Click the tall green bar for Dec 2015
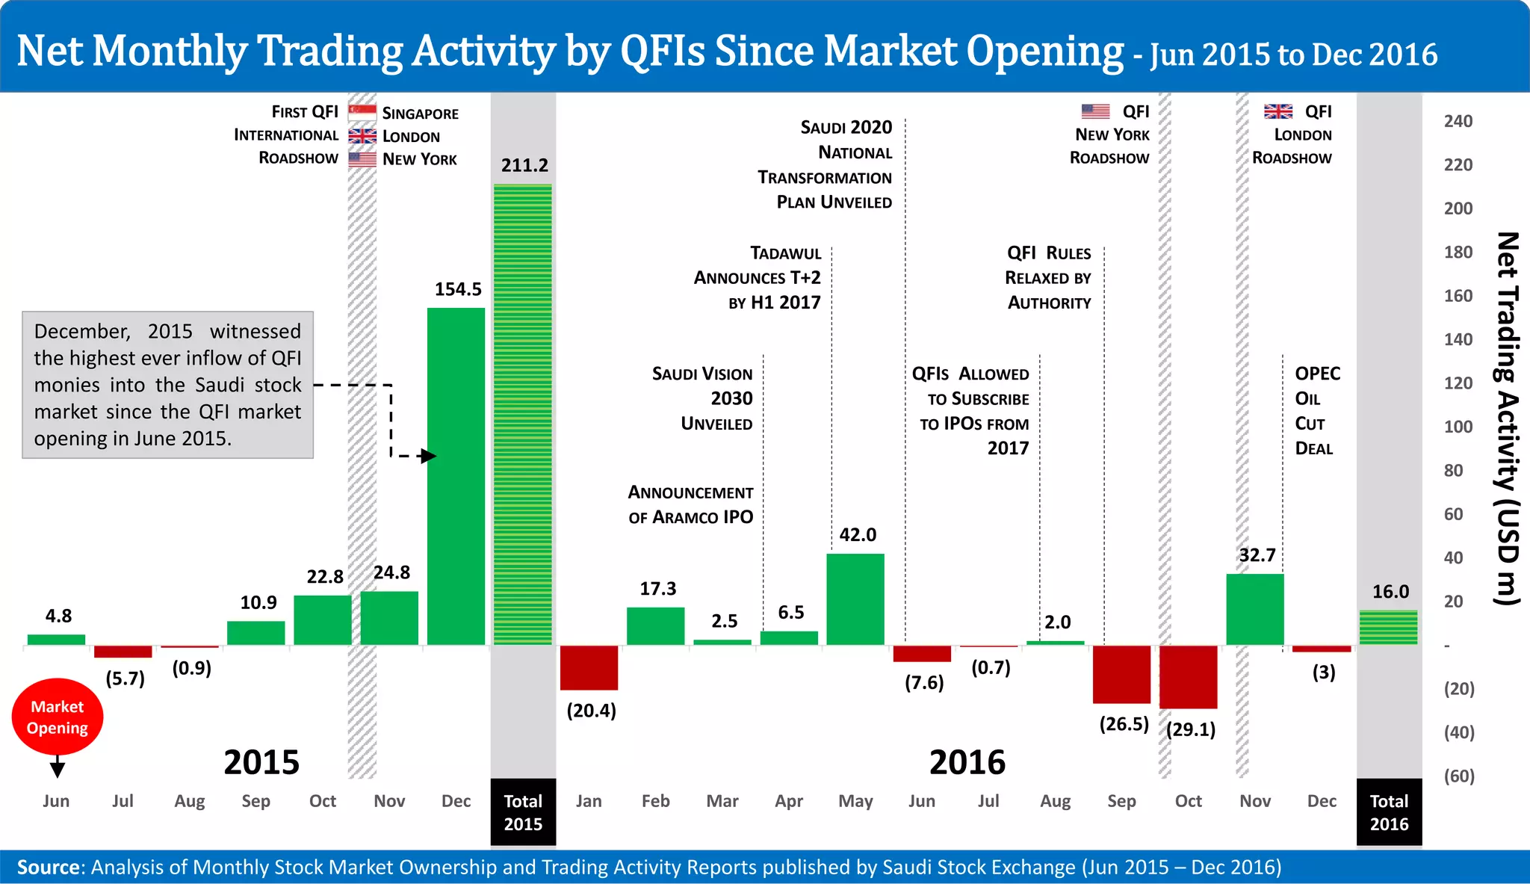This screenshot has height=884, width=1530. click(x=456, y=478)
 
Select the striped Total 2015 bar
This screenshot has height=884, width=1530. click(x=523, y=415)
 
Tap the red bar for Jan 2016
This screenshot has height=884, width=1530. click(x=589, y=667)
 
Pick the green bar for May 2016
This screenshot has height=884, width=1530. click(x=855, y=599)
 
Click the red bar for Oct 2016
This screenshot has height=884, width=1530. click(x=1188, y=677)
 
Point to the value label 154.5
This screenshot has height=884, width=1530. click(x=458, y=289)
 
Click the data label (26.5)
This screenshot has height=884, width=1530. click(x=1124, y=724)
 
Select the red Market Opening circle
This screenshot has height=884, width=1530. click(x=58, y=717)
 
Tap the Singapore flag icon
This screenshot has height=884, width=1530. click(x=362, y=113)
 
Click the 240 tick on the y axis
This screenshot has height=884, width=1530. click(x=1458, y=121)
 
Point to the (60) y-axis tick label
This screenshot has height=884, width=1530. click(x=1458, y=776)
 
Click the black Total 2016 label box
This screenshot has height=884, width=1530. click(x=1389, y=812)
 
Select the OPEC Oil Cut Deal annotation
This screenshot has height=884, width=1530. click(x=1316, y=410)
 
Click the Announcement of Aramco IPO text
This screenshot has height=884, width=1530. click(x=690, y=504)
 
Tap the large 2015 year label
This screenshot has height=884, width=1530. click(x=261, y=762)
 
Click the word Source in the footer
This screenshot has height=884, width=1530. click(x=49, y=867)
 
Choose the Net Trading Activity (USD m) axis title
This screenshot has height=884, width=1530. click(x=1508, y=418)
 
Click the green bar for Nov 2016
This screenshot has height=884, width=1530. click(x=1255, y=609)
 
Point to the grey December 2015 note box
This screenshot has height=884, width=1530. click(x=167, y=385)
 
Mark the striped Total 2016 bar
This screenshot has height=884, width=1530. click(x=1388, y=628)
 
